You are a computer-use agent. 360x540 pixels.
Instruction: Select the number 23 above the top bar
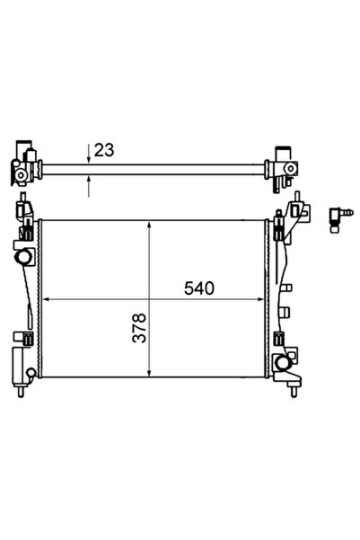(x=104, y=151)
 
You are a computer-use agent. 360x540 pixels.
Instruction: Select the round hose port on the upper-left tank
(x=23, y=259)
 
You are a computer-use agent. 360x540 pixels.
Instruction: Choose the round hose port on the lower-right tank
(x=285, y=364)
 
